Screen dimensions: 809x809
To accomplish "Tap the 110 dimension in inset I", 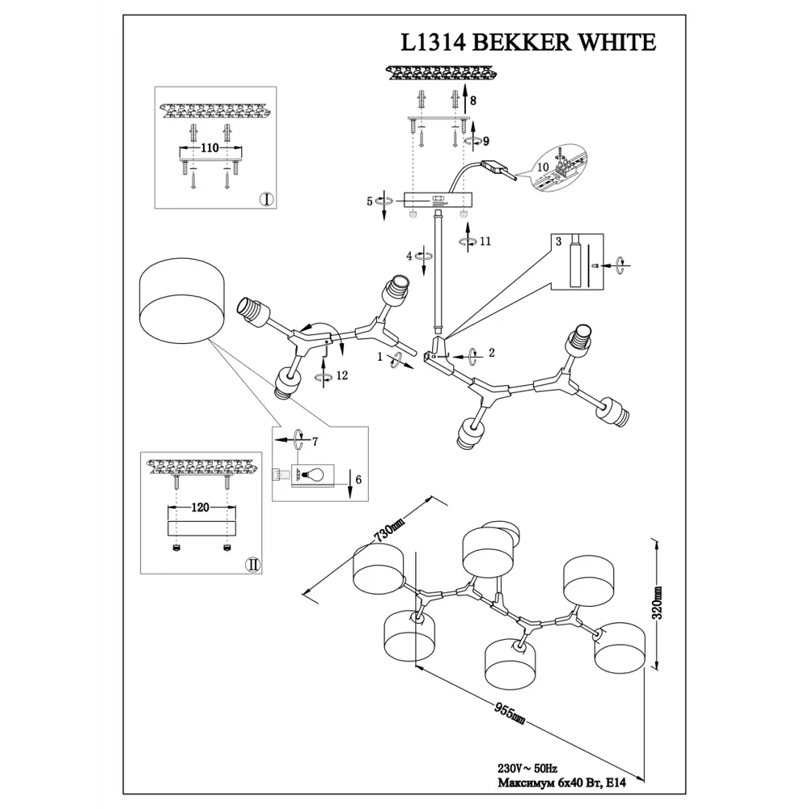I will click(210, 149).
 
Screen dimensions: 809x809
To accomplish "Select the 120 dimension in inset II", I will click(201, 508).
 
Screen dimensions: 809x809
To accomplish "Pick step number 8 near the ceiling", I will click(474, 102).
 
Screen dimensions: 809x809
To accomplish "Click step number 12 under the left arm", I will click(343, 375).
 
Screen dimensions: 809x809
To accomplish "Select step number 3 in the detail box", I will click(558, 241).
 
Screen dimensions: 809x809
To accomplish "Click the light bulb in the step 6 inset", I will click(313, 474).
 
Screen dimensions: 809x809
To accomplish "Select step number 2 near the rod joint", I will click(490, 354).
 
